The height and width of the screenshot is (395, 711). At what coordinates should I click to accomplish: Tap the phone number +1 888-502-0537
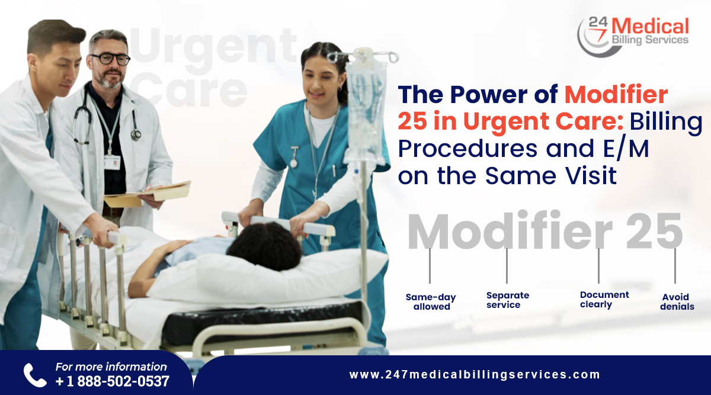[x=113, y=381]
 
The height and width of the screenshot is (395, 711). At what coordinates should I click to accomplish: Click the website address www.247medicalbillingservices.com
[x=475, y=375]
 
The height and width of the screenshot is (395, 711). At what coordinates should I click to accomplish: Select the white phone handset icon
[x=34, y=375]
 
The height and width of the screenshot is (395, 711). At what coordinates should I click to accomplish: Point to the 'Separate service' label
[x=507, y=300]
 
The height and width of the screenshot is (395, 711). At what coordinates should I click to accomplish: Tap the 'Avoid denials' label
[x=677, y=302]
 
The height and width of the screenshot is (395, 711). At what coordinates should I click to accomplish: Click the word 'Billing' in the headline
[x=666, y=123]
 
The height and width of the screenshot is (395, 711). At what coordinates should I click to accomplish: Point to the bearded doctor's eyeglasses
[x=110, y=59]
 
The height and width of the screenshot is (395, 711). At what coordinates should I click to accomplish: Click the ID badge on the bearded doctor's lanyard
[x=112, y=162]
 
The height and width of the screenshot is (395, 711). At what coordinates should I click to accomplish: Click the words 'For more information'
[x=111, y=367]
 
